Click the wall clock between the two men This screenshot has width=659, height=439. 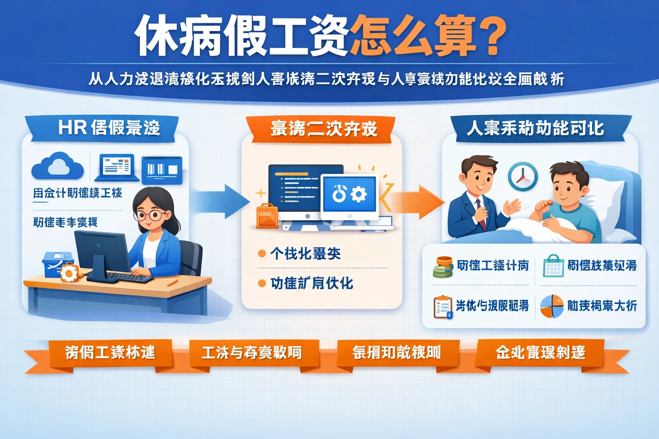pyautogui.click(x=523, y=176)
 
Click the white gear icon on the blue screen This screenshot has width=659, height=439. pyautogui.click(x=359, y=194)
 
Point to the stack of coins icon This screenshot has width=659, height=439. pyautogui.click(x=443, y=267)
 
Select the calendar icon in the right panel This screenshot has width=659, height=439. pyautogui.click(x=553, y=266)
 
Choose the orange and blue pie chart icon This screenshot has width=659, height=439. pyautogui.click(x=551, y=306)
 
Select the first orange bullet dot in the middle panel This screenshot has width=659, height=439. pyautogui.click(x=262, y=254)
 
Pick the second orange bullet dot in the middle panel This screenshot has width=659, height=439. pyautogui.click(x=262, y=283)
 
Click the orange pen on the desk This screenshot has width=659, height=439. pyautogui.click(x=172, y=283)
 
